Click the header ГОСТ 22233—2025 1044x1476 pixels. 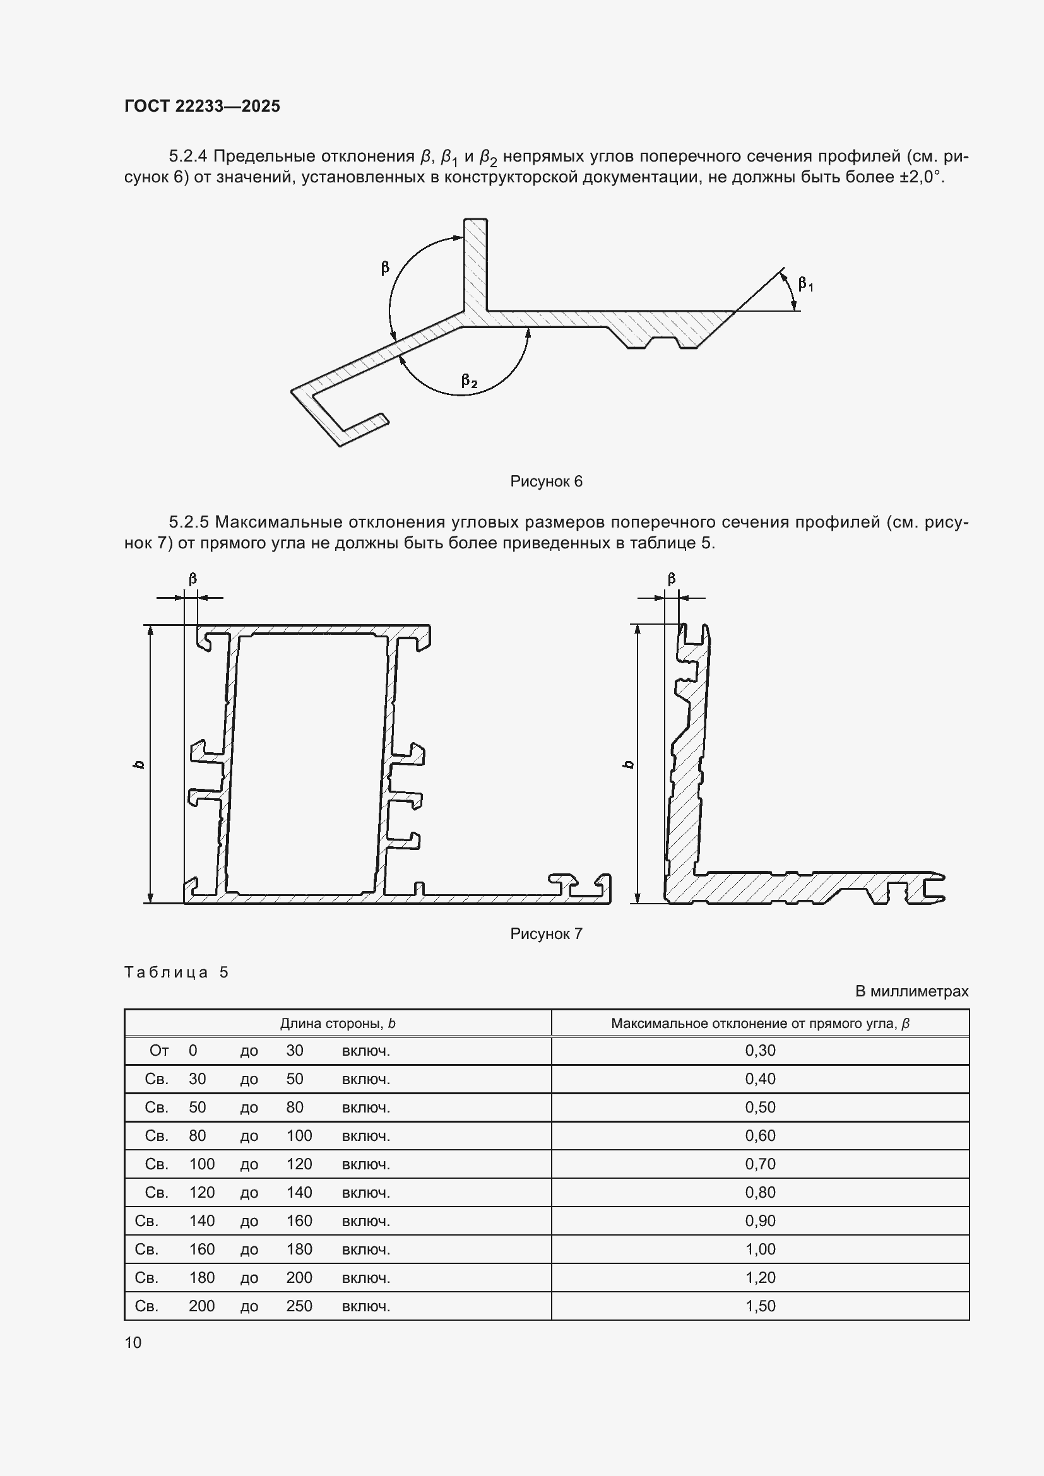tap(202, 106)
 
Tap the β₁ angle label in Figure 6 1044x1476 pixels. tap(805, 283)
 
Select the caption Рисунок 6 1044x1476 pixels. tap(546, 481)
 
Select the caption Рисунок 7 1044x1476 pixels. tap(546, 933)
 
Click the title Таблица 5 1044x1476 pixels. tap(176, 972)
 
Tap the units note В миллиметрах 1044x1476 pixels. tap(911, 991)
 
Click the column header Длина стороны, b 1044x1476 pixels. tap(338, 1024)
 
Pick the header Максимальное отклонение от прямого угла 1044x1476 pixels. tap(760, 1024)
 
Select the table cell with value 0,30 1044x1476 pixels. tap(760, 1051)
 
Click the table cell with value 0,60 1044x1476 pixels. tap(760, 1135)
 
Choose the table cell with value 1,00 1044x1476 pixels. tap(760, 1249)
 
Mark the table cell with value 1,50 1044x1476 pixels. tap(760, 1306)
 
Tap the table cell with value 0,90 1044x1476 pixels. tap(760, 1221)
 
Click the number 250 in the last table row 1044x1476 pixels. tap(299, 1306)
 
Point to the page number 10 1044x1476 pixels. tap(133, 1342)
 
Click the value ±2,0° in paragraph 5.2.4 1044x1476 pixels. tap(921, 177)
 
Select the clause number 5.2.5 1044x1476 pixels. tap(189, 522)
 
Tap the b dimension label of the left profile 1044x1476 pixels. tap(139, 764)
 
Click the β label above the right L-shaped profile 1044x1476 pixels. tap(671, 579)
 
